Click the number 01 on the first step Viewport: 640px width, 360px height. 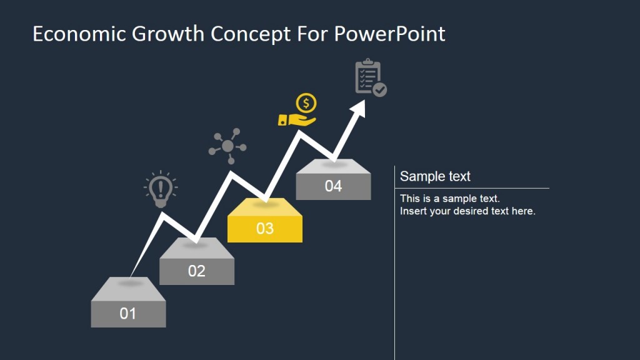point(127,313)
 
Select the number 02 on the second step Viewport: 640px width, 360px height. point(196,271)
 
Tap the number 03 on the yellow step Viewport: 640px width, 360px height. point(265,228)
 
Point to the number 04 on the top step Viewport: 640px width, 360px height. point(333,186)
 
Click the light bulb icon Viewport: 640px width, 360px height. point(161,189)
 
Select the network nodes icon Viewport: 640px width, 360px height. point(227,146)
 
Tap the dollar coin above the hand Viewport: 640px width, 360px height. point(306,102)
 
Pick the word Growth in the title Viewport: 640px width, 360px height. point(168,34)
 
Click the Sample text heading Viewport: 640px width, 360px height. point(435,176)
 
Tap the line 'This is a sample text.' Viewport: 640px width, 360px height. point(450,199)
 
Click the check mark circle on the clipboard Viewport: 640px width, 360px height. point(379,90)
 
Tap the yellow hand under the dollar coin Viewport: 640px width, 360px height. point(297,119)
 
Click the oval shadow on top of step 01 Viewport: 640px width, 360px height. point(130,283)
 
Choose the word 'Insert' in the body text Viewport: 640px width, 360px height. point(412,211)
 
